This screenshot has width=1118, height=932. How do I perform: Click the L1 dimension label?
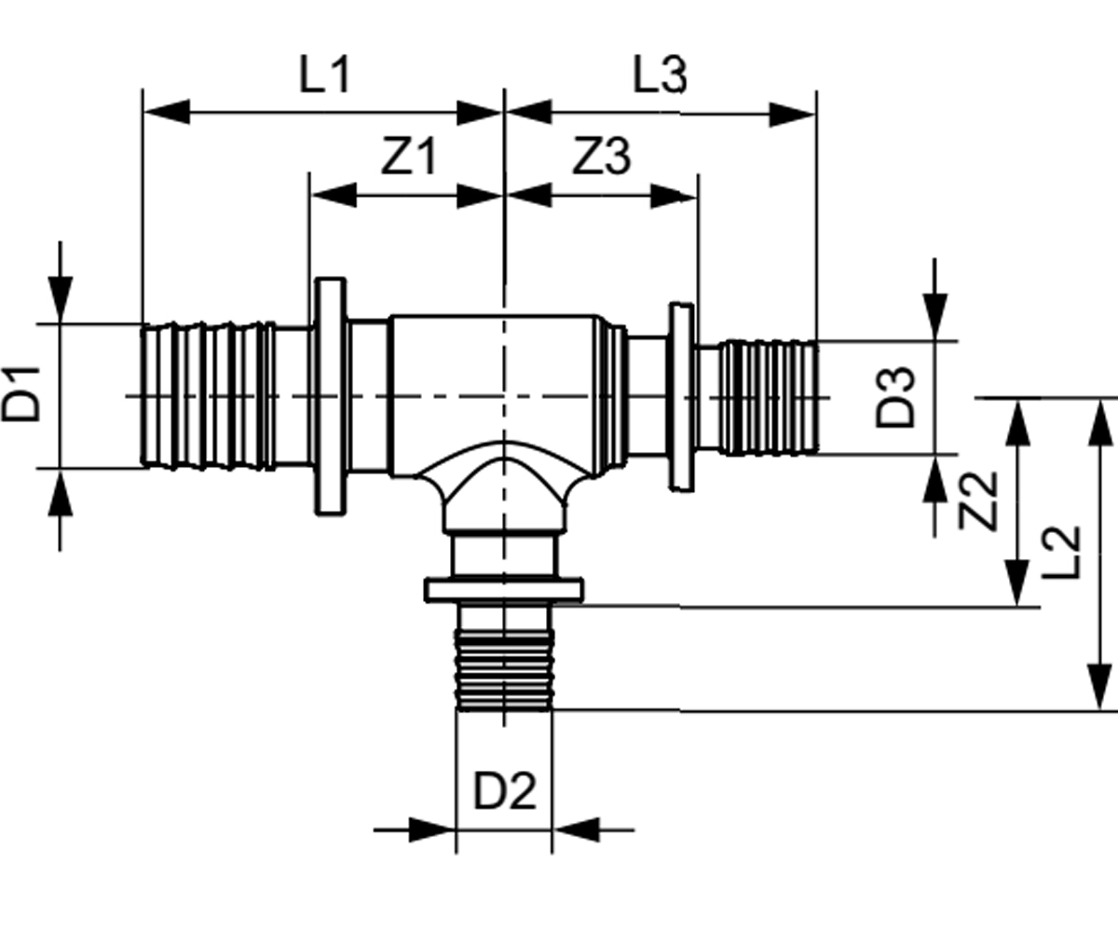pos(324,75)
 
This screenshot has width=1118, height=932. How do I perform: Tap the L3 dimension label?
pos(660,75)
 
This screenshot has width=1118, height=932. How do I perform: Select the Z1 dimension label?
pos(409,157)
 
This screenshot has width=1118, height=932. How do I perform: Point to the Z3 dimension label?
pos(602,157)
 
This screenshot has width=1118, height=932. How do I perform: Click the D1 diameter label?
pos(21,394)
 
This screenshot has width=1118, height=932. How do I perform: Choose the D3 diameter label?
pos(894,397)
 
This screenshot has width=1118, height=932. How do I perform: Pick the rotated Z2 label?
pos(977,501)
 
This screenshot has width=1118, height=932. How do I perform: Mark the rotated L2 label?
pos(1061,554)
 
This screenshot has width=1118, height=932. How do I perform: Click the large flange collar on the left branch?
pos(330,396)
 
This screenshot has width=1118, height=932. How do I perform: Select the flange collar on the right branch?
pos(682,397)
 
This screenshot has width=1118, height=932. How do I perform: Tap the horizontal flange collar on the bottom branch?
pos(504,590)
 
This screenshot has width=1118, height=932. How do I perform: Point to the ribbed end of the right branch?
pos(769,397)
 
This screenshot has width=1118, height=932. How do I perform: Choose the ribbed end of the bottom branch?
pos(504,670)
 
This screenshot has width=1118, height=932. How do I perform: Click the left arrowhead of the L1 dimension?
pos(167,112)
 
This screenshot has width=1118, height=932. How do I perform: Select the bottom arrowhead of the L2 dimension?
pos(1099,687)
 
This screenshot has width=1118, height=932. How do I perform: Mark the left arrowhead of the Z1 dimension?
pos(334,195)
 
